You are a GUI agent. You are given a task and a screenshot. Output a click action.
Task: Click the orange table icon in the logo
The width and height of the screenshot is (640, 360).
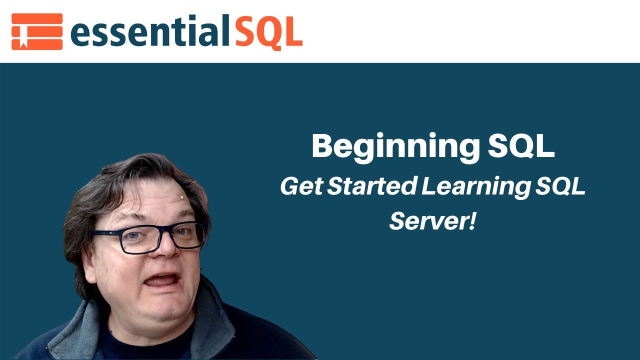click(37, 31)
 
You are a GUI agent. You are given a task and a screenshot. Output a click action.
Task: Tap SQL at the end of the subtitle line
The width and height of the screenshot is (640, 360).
click(559, 186)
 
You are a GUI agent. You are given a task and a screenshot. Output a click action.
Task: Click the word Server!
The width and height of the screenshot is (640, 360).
click(432, 220)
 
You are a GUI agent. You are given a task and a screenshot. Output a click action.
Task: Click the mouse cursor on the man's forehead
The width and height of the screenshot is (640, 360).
click(182, 197)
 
